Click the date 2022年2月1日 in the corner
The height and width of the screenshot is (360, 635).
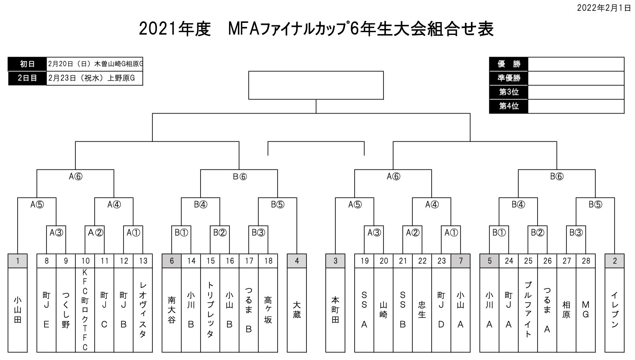604,8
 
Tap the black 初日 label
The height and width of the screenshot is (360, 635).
27,64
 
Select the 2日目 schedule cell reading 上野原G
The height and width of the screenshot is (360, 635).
95,78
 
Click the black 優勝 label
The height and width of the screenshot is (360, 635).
509,64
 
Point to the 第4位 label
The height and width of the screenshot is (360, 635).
509,106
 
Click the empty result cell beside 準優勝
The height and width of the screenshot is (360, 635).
576,78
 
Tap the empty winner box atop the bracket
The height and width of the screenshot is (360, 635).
316,85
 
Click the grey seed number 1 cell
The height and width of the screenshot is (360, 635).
18,261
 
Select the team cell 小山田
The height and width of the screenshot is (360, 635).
18,310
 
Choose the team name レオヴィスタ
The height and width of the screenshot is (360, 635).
143,310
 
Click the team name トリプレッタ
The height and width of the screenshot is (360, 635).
210,310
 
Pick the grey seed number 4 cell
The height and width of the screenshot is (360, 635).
297,261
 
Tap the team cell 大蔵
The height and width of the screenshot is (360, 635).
297,310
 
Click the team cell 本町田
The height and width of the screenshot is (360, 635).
335,310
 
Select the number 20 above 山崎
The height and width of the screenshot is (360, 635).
383,261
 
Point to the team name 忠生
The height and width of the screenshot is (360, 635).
422,310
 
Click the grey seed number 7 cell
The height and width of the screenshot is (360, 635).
461,261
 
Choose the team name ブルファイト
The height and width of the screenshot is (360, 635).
528,310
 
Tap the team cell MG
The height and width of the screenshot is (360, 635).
586,310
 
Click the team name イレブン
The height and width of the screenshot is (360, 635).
615,310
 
